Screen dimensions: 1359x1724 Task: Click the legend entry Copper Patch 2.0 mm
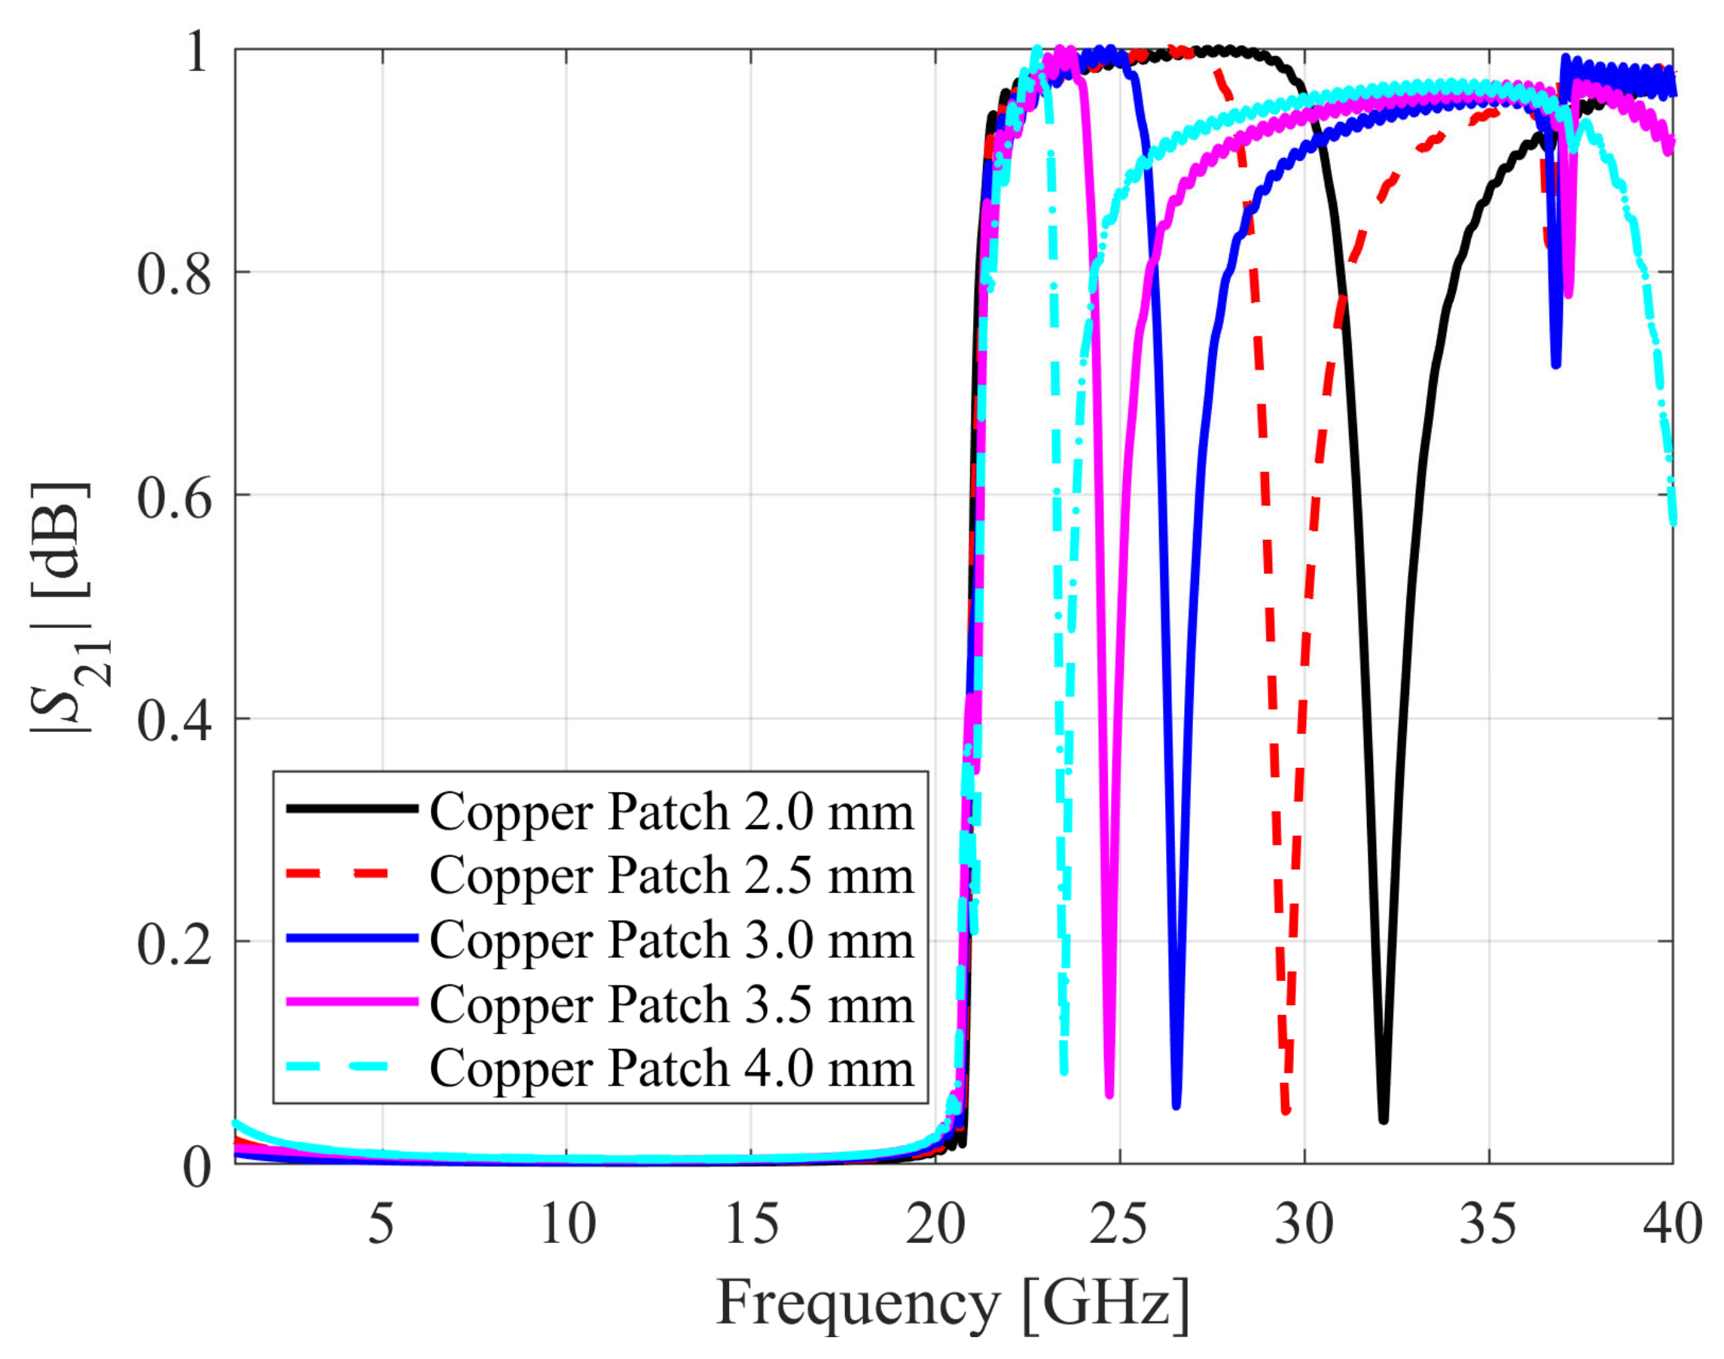(671, 812)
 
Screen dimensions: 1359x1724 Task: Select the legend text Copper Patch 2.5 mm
(671, 876)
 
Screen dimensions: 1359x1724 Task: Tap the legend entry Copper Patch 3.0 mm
(671, 940)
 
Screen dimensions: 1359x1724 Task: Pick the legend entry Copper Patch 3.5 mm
(671, 1005)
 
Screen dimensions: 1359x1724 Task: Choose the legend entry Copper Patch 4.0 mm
(671, 1068)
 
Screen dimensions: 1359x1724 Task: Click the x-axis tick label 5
(381, 1223)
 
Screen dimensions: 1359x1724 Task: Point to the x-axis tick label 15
(751, 1223)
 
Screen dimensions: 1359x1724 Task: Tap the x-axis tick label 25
(1119, 1223)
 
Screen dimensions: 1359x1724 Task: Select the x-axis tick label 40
(1672, 1223)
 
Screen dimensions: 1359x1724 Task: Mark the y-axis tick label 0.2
(173, 943)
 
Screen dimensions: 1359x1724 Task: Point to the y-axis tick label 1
(196, 52)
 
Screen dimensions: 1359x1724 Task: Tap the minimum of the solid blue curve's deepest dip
(1176, 1105)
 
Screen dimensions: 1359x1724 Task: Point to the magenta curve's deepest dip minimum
(1109, 1095)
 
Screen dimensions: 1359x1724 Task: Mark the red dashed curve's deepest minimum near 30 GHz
(1286, 1110)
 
